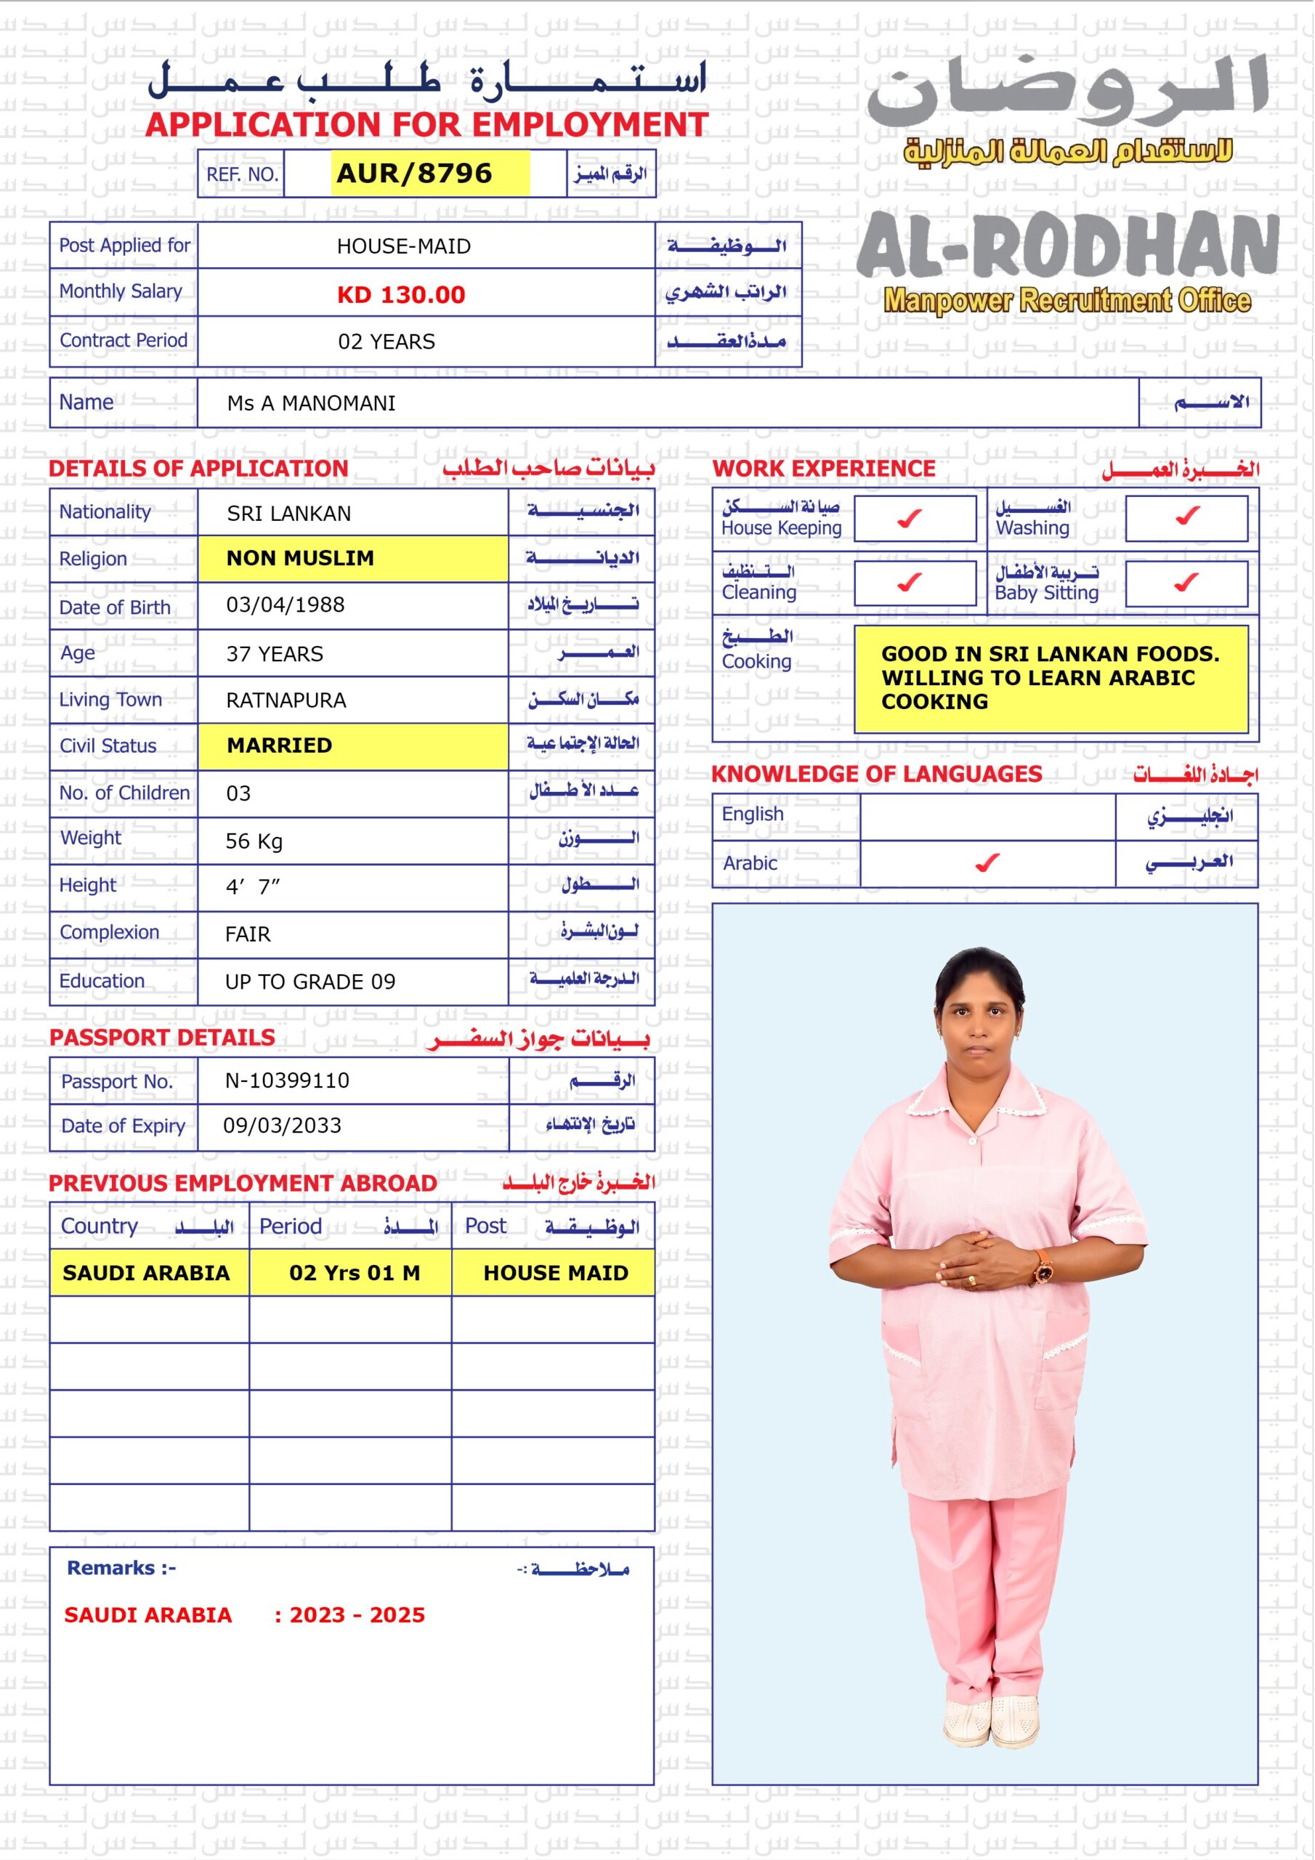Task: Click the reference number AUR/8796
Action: pyautogui.click(x=414, y=174)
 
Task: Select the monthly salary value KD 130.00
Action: pyautogui.click(x=401, y=295)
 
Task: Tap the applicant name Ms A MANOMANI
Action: pyautogui.click(x=311, y=403)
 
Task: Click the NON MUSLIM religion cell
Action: pyautogui.click(x=301, y=558)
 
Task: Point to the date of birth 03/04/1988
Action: pyautogui.click(x=286, y=605)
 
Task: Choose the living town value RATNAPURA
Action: pyautogui.click(x=286, y=700)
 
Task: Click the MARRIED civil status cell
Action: pyautogui.click(x=280, y=745)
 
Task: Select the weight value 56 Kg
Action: pyautogui.click(x=254, y=841)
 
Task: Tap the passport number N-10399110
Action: pyautogui.click(x=287, y=1080)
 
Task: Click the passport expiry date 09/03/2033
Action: pyautogui.click(x=282, y=1126)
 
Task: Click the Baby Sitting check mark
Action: pyautogui.click(x=1187, y=583)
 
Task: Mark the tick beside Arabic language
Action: pyautogui.click(x=987, y=864)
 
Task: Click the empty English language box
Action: pyautogui.click(x=987, y=817)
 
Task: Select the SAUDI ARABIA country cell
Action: pyautogui.click(x=146, y=1274)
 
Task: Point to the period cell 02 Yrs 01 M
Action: pyautogui.click(x=354, y=1274)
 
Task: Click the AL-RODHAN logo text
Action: pyautogui.click(x=1068, y=246)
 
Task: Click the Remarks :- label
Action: pyautogui.click(x=121, y=1569)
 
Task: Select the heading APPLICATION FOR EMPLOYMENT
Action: pyautogui.click(x=427, y=125)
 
